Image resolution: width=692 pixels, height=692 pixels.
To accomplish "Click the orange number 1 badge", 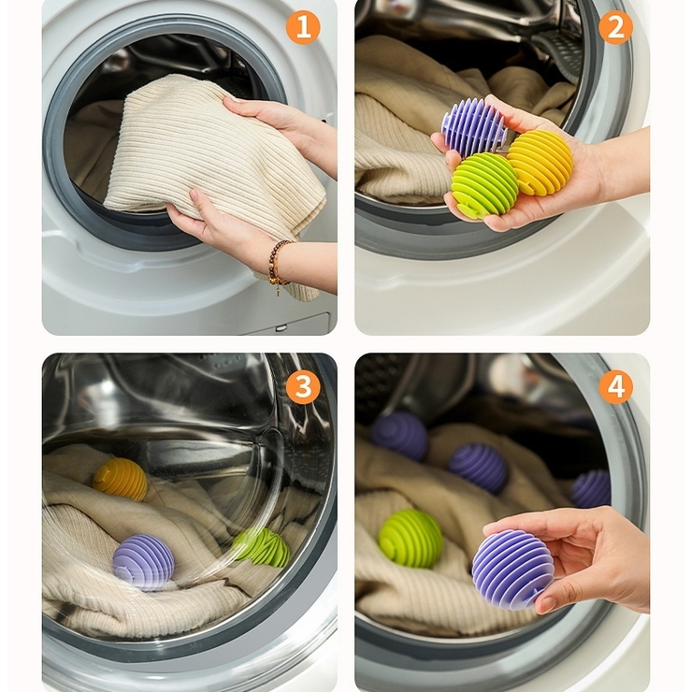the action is pos(303,27).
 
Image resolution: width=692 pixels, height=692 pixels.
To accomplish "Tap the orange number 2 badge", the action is pos(615,27).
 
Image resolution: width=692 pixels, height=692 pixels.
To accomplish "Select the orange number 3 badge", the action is pos(303,387).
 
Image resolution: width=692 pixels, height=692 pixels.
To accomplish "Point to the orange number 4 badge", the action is pos(615,387).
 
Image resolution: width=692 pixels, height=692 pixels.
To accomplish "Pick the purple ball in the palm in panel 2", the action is pos(473,127).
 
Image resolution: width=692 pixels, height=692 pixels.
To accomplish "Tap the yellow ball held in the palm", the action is pos(540,162).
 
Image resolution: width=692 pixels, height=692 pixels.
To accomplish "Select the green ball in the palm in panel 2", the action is pos(484,184).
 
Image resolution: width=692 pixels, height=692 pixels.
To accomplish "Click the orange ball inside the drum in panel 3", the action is pos(120,480).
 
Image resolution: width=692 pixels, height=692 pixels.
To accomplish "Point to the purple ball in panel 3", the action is pos(143,562).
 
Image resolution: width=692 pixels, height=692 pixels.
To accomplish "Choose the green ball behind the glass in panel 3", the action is pos(261,547).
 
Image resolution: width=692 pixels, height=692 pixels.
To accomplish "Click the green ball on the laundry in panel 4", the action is pos(411,538).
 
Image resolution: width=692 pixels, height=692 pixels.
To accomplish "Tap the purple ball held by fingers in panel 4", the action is pos(512,570).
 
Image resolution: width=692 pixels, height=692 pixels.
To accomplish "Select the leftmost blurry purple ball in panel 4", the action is pos(399,437).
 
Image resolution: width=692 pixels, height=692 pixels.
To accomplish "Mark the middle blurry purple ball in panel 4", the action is pos(478,468).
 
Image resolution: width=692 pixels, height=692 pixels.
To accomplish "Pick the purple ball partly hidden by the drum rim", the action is pos(590,488).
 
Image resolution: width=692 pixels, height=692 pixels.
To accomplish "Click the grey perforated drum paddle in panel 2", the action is pos(558,53).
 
